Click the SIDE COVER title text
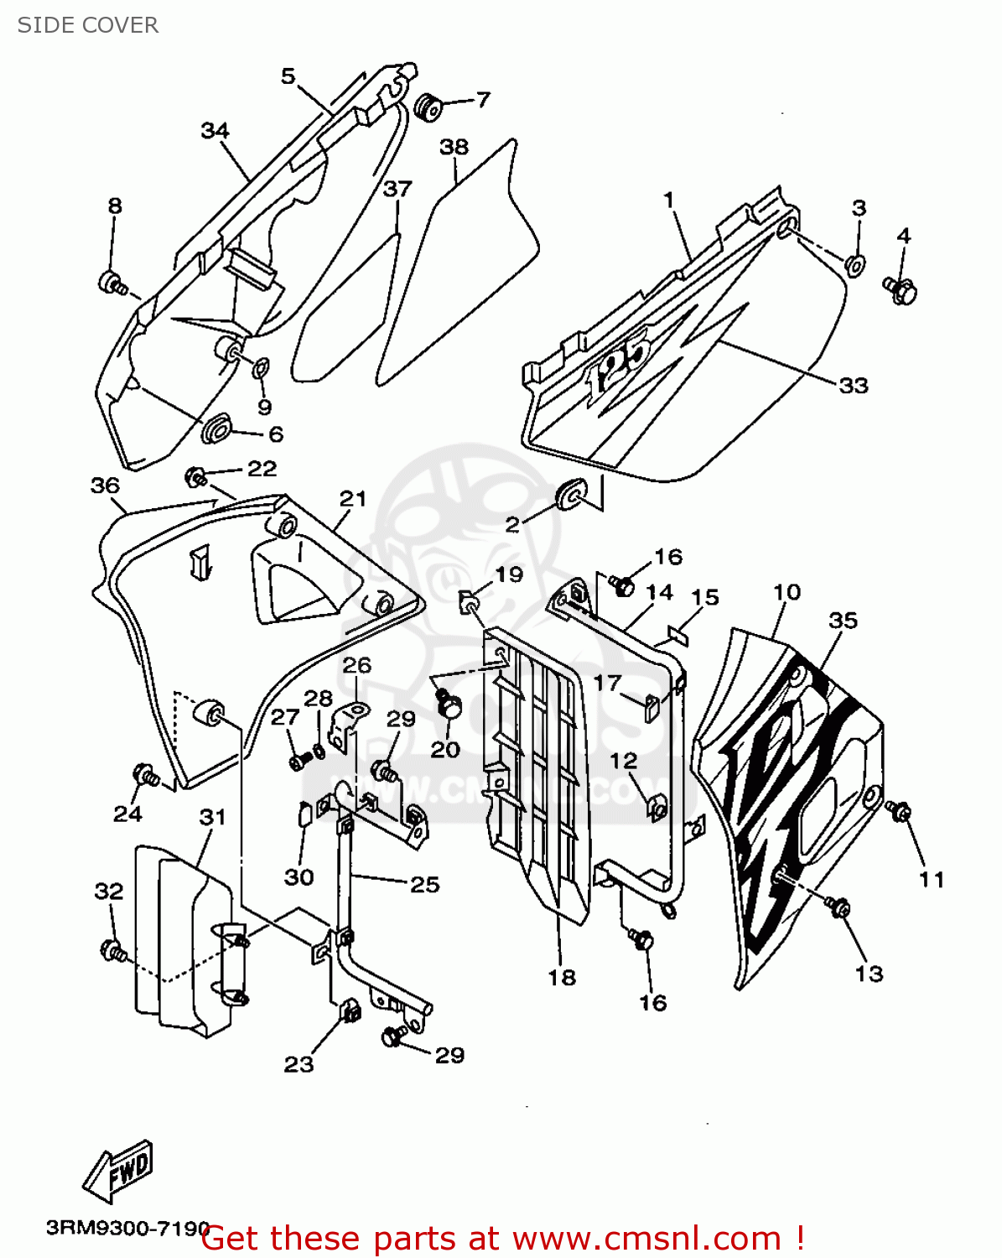coord(88,25)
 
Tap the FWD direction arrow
coord(118,1169)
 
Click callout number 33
coord(853,386)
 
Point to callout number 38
coord(454,147)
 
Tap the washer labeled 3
coord(854,265)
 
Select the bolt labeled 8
coord(112,283)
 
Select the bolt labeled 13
coord(838,907)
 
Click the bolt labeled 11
coord(900,811)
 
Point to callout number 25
coord(424,884)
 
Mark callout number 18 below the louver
coord(562,977)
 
